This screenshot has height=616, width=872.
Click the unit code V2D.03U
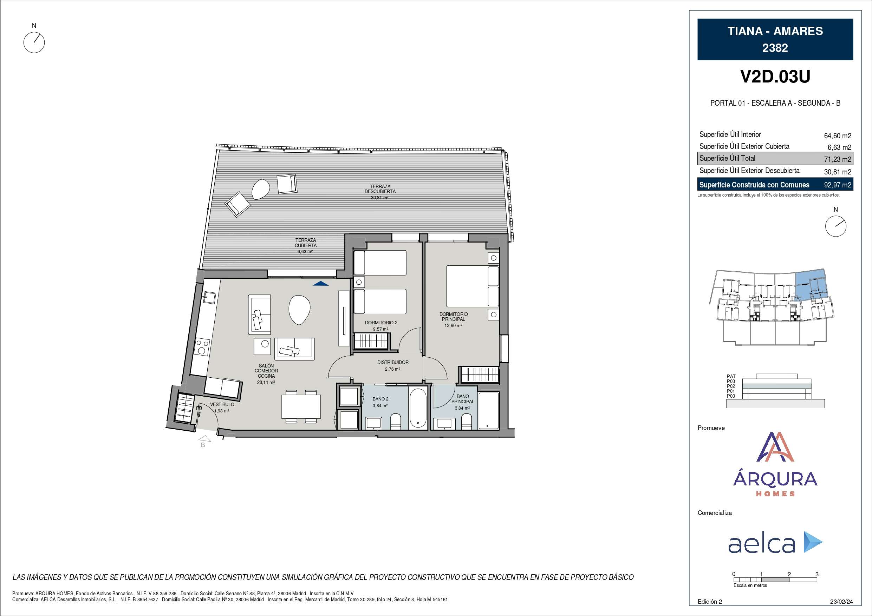[775, 77]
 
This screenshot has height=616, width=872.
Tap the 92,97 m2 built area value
[838, 185]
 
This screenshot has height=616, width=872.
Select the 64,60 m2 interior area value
[838, 135]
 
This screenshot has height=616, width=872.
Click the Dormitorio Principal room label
[454, 317]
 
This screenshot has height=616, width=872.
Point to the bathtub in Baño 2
[418, 408]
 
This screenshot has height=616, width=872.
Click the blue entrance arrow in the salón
[321, 283]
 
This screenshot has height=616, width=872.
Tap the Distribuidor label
[393, 363]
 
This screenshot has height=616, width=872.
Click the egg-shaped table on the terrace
[261, 189]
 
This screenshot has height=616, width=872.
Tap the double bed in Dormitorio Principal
[473, 286]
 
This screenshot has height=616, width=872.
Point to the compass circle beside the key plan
[836, 226]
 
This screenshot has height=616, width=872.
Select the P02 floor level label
[731, 386]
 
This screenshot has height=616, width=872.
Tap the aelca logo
[775, 543]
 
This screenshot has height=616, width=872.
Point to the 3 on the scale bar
[817, 574]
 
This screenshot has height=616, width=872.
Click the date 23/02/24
[841, 602]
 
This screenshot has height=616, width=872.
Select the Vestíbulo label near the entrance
[222, 405]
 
